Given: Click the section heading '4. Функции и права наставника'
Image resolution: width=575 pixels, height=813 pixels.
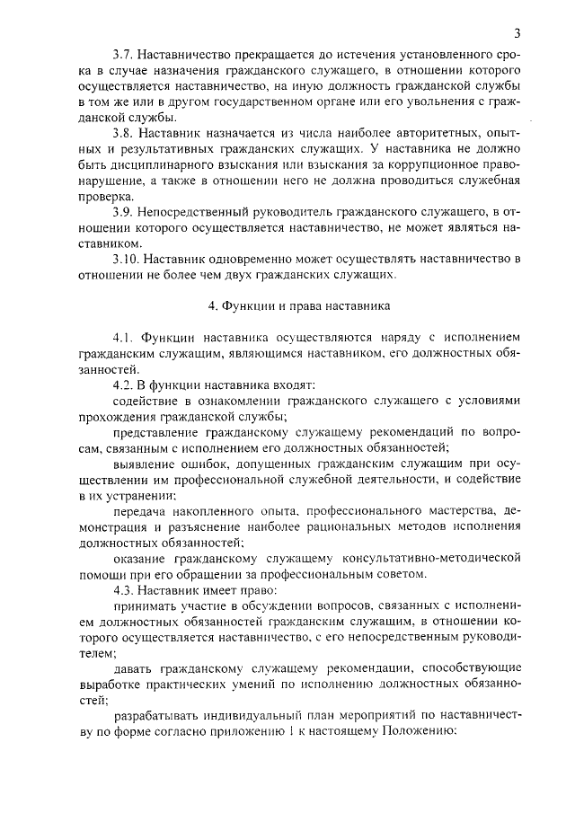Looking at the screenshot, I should (x=299, y=305).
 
